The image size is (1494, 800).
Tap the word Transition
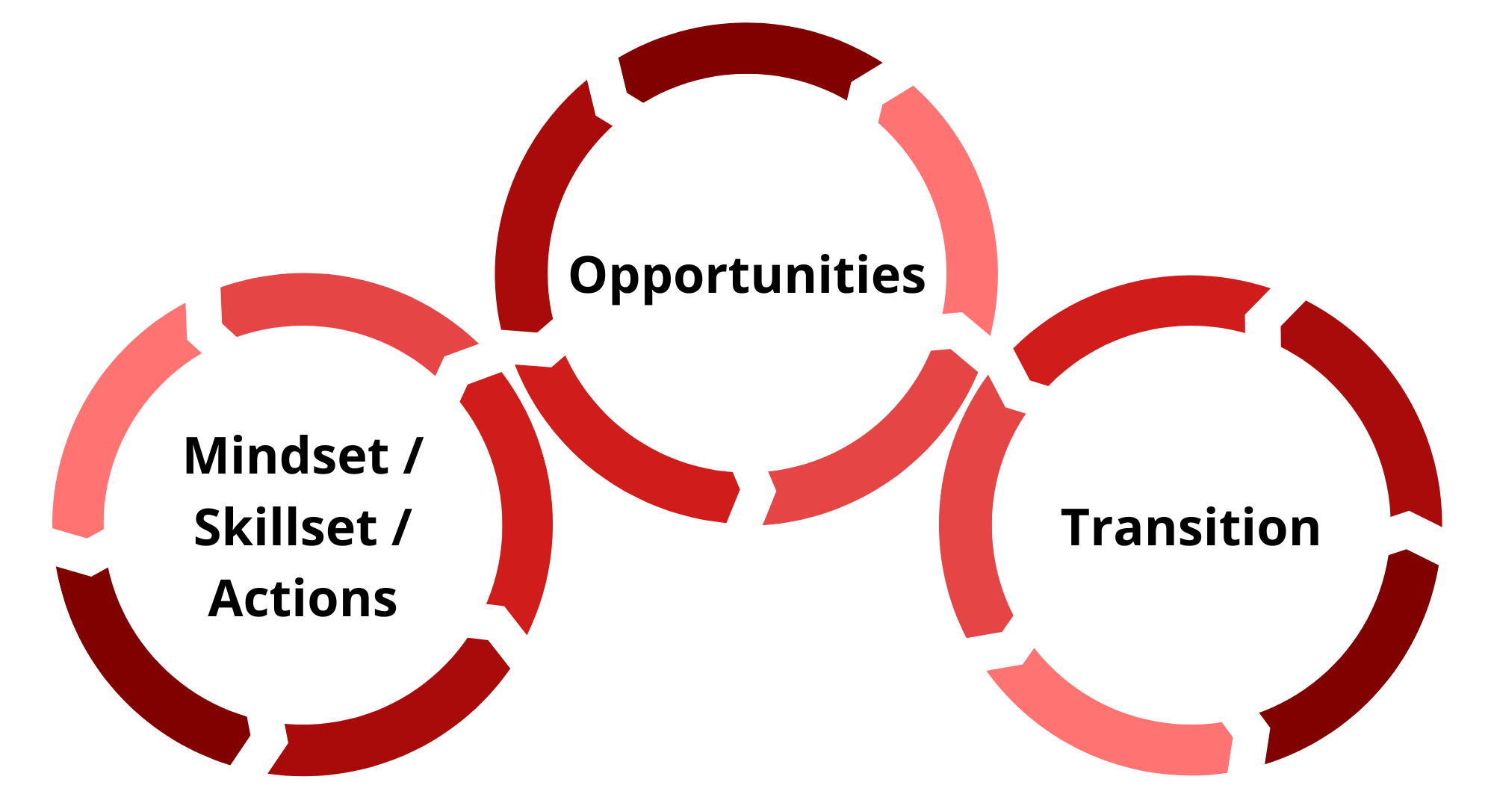[1191, 528]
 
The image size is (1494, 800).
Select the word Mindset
[286, 456]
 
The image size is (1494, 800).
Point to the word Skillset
[285, 528]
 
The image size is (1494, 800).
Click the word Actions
[303, 599]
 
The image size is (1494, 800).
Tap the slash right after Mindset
[413, 456]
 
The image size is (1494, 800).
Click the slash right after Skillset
[402, 527]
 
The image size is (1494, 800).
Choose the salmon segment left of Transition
[967, 523]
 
